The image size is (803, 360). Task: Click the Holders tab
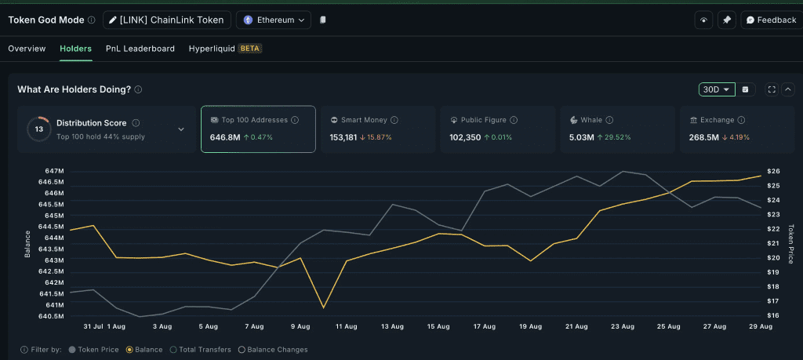click(75, 49)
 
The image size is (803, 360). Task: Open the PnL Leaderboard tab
click(140, 49)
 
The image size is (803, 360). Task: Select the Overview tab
click(27, 49)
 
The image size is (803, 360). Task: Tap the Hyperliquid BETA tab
click(225, 49)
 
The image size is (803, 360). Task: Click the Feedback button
click(771, 20)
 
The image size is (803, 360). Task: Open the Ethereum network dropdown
click(273, 20)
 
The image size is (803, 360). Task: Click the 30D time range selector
click(717, 89)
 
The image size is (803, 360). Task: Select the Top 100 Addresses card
click(258, 129)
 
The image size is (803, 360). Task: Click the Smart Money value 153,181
click(343, 137)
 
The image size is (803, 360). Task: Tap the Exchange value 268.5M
click(704, 137)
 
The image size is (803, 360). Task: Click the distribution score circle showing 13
click(38, 129)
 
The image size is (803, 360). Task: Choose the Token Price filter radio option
click(73, 350)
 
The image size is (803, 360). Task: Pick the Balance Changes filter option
click(242, 350)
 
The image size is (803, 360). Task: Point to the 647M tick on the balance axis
click(55, 171)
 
